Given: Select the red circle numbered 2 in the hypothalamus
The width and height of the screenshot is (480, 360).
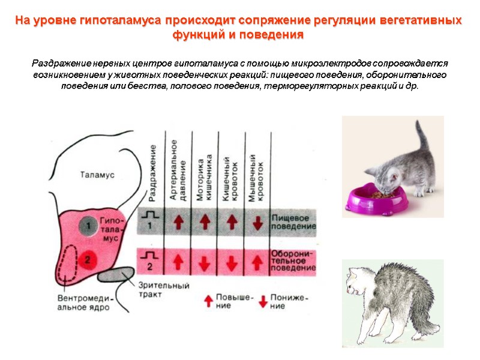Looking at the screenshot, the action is coord(88,259).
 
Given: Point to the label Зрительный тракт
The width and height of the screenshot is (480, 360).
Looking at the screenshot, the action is coord(164,290).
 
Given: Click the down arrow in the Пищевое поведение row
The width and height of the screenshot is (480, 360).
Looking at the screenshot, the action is coord(258,223).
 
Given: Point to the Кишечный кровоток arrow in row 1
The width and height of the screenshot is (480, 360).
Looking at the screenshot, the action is coord(231,222).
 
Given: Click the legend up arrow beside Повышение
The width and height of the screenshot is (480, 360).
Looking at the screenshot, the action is coord(208,298).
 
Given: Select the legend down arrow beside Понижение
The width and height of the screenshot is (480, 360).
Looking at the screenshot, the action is coord(262,300).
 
